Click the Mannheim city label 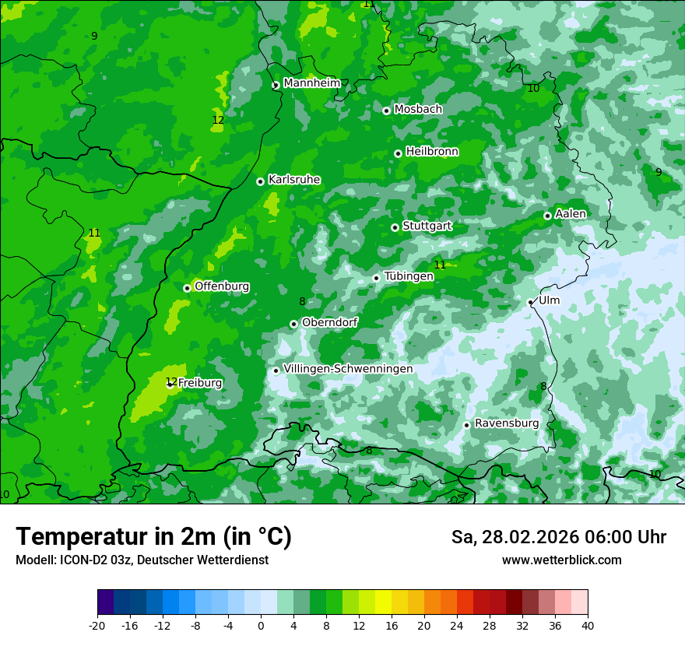click(311, 83)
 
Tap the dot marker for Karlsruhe click(260, 181)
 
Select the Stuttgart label click(427, 226)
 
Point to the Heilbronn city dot click(398, 153)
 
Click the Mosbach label click(418, 109)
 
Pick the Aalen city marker click(547, 216)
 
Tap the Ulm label click(549, 300)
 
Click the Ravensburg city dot click(466, 425)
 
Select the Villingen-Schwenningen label click(348, 368)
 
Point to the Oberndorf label click(329, 322)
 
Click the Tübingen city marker click(376, 278)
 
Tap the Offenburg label click(222, 286)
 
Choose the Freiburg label click(200, 383)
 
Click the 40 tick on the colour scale click(587, 625)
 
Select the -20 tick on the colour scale click(97, 625)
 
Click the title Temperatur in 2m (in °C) click(153, 536)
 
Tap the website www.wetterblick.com click(561, 560)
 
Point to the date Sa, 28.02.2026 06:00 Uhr click(558, 537)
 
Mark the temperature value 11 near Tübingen click(440, 265)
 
